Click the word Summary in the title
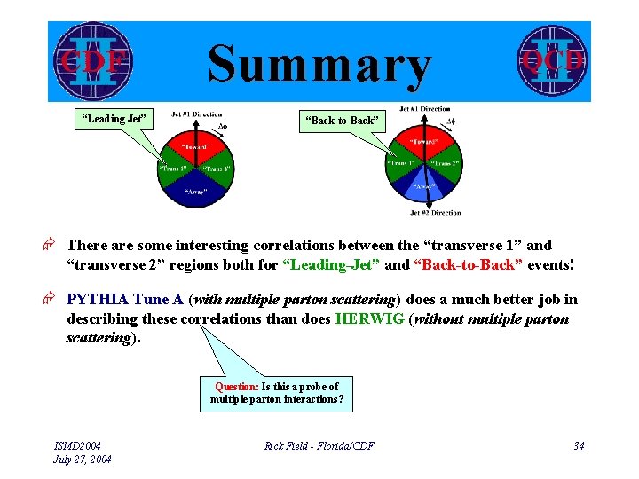[319, 65]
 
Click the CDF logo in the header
[91, 60]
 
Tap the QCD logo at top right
[552, 59]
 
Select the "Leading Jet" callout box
[114, 119]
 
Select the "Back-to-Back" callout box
[342, 120]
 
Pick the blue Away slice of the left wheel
[195, 191]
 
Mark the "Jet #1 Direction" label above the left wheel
[196, 114]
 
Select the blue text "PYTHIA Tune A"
[124, 300]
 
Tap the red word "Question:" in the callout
[237, 386]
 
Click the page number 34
[578, 445]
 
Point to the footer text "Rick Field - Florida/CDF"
[319, 445]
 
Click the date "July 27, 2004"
[83, 459]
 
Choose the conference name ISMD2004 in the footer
[78, 445]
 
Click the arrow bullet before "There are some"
[53, 246]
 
